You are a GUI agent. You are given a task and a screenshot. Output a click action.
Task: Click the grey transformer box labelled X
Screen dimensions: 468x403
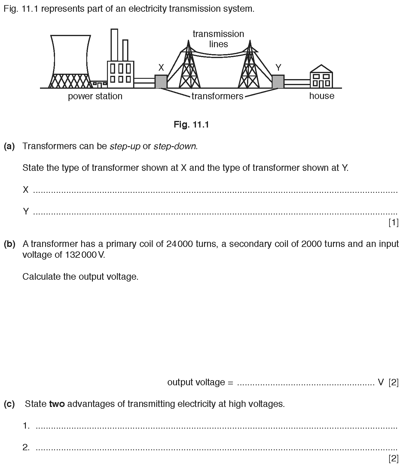[x=161, y=81]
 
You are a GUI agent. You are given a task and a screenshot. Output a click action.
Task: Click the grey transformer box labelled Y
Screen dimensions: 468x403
[x=278, y=82]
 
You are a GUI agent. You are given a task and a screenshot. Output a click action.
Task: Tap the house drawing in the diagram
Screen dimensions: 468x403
[x=321, y=77]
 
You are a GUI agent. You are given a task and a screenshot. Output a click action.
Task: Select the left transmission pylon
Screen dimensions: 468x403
[x=189, y=68]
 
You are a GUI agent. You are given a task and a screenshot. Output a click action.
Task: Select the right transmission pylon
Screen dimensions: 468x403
[x=249, y=68]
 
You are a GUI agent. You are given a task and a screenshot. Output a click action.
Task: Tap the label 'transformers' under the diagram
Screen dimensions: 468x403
[x=217, y=96]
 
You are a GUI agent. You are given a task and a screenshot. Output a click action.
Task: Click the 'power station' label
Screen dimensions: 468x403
[x=95, y=96]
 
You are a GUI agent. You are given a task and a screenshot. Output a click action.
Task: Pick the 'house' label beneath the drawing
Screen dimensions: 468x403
[x=322, y=96]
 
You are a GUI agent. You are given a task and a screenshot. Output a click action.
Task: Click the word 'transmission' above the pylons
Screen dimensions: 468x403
[x=218, y=34]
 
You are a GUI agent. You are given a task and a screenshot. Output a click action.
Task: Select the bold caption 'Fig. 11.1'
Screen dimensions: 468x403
[x=191, y=125]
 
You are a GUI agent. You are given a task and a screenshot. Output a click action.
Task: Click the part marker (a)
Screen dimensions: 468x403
[x=9, y=146]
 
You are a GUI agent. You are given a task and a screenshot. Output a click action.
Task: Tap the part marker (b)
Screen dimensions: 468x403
[x=9, y=244]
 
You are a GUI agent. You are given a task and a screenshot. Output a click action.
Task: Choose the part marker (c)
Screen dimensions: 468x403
[x=9, y=404]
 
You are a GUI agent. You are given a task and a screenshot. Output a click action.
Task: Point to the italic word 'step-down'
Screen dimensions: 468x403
[x=175, y=146]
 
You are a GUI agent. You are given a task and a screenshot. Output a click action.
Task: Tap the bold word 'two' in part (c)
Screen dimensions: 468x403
[x=57, y=404]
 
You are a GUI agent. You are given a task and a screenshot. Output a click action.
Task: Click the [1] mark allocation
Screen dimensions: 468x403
[x=393, y=223]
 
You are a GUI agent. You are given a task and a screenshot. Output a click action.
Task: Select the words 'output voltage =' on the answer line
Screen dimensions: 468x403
[x=200, y=382]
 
